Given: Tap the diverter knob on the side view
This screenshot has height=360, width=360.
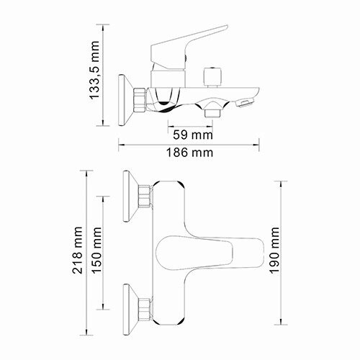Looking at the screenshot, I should tap(211, 76).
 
